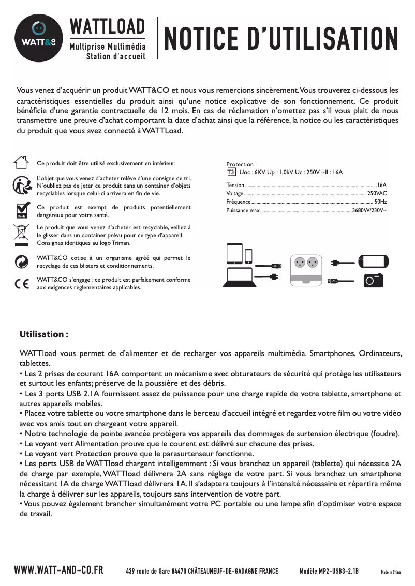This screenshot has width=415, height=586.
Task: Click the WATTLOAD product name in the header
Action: pyautogui.click(x=107, y=26)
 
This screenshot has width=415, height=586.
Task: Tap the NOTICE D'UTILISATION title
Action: pyautogui.click(x=281, y=39)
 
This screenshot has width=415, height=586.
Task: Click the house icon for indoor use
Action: pyautogui.click(x=21, y=162)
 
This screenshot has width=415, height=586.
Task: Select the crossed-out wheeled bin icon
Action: pyautogui.click(x=21, y=235)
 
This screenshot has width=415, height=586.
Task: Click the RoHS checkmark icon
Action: pyautogui.click(x=21, y=210)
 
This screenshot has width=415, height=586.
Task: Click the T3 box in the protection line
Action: pyautogui.click(x=231, y=172)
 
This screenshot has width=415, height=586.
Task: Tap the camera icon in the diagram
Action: pyautogui.click(x=372, y=280)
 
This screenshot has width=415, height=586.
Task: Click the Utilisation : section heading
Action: pyautogui.click(x=44, y=334)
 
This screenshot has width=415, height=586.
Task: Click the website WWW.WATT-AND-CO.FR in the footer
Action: pyautogui.click(x=58, y=570)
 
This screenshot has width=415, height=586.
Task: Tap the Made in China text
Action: pyautogui.click(x=391, y=572)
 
